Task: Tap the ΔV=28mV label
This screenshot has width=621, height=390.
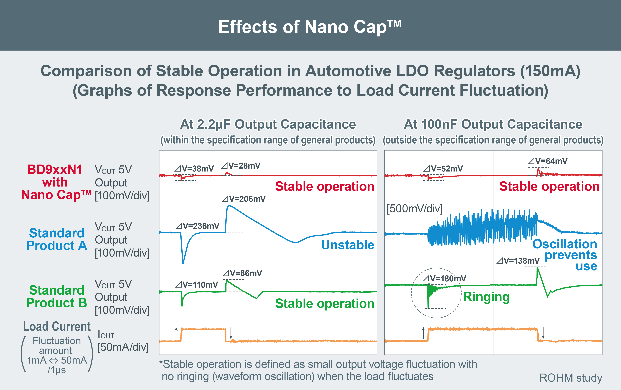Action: pos(241,166)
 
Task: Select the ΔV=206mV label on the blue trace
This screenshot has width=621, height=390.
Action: pos(244,199)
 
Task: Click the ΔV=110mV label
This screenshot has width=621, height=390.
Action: pos(197,285)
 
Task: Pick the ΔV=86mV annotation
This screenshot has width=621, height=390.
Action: pos(242,273)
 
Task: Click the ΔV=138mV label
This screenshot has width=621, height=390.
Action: pos(518,261)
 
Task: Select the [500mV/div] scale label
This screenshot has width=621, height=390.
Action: pos(414,209)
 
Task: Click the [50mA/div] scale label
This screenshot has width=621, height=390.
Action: pos(123,347)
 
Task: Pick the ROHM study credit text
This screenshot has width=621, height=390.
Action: pos(571,378)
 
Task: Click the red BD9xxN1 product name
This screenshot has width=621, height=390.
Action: pos(55,170)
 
